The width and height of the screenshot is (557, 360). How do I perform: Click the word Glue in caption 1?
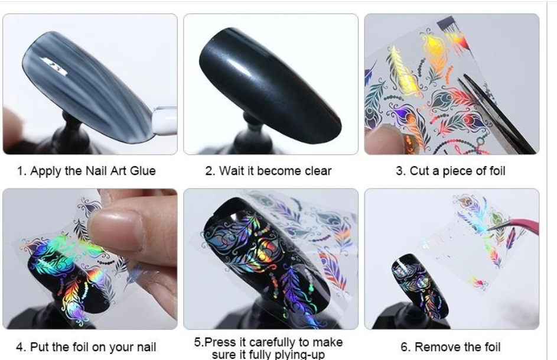click(143, 171)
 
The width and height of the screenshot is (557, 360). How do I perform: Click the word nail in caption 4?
click(144, 347)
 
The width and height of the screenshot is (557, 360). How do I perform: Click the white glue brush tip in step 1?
click(164, 121)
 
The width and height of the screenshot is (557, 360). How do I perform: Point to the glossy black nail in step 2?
click(270, 85)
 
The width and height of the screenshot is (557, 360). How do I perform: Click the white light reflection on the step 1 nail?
click(54, 66)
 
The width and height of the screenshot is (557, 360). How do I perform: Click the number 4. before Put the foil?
click(21, 347)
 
